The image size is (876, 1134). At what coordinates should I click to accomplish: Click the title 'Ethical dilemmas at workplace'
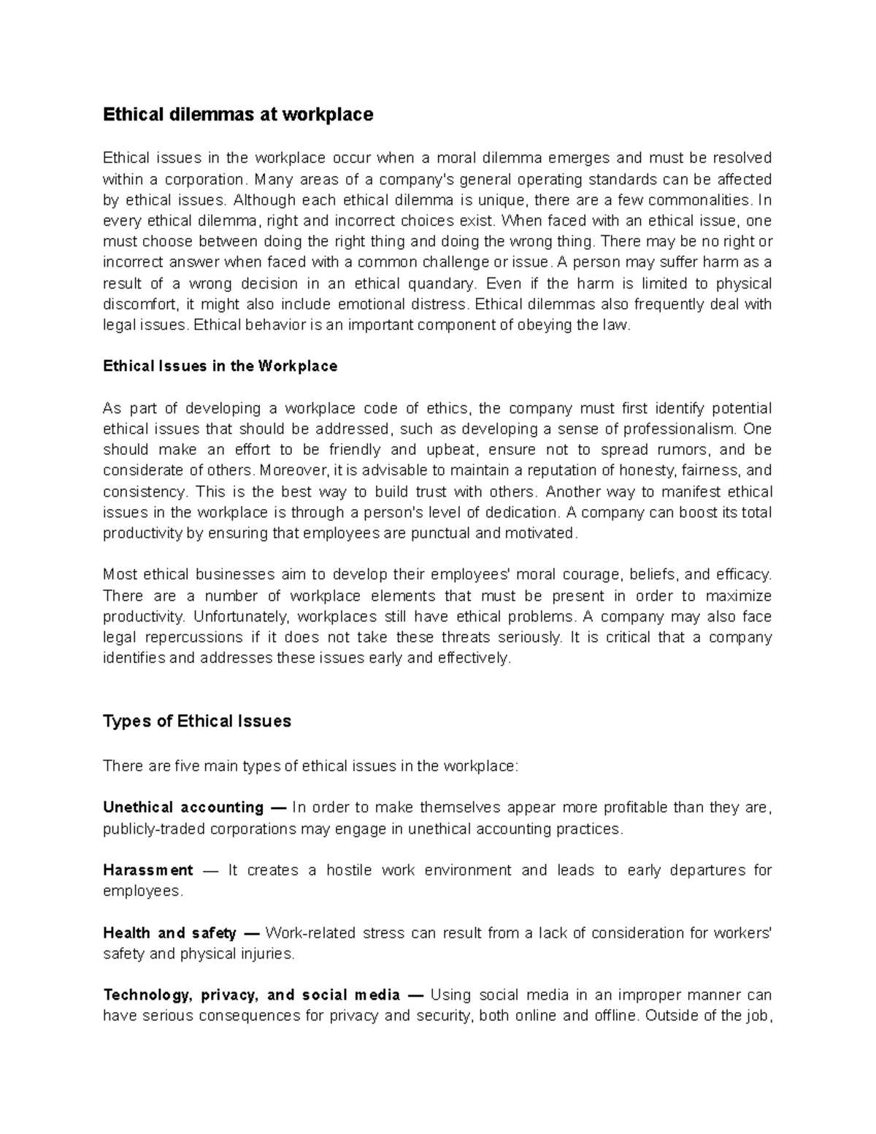[x=238, y=115]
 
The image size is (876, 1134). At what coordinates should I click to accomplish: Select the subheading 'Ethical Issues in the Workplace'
[x=220, y=367]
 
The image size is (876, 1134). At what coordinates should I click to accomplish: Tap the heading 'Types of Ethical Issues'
[x=197, y=721]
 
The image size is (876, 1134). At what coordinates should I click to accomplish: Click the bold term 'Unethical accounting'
[x=183, y=808]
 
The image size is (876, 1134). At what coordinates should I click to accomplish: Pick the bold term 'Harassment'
[x=148, y=870]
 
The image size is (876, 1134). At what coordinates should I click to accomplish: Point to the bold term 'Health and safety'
[x=169, y=933]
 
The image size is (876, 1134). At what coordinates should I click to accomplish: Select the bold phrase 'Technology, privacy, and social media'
[x=252, y=995]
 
